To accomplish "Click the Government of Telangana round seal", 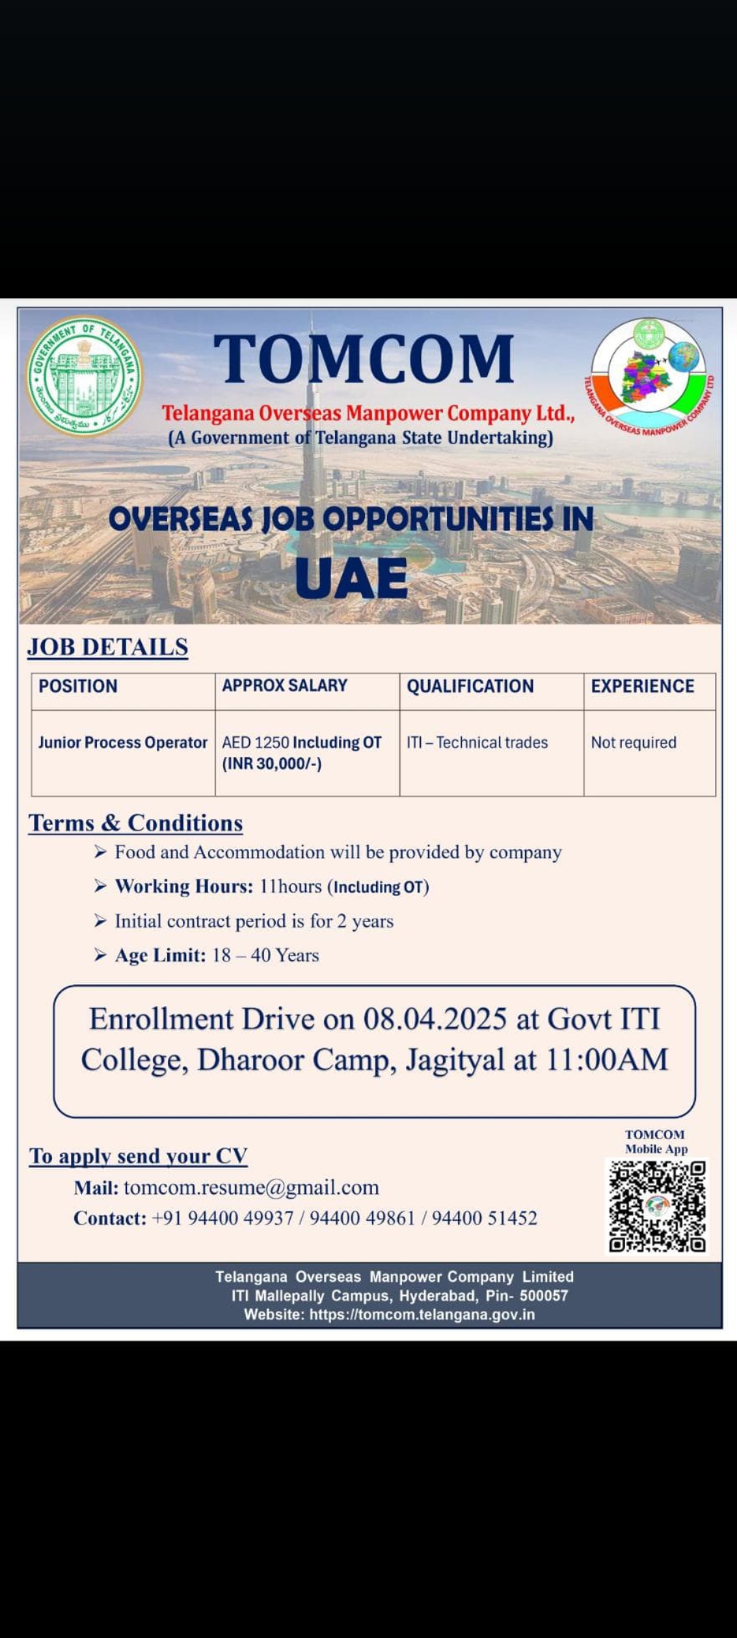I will click(84, 375).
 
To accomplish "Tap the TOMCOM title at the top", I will click(364, 358).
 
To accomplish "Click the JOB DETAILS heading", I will click(108, 647).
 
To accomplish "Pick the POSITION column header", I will click(78, 686).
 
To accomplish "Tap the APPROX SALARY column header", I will click(285, 685).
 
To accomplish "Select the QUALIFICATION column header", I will click(470, 686).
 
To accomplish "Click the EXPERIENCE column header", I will click(642, 686).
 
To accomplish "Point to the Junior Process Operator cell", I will click(123, 743).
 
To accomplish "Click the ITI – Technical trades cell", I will click(477, 743).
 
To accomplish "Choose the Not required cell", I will click(633, 743).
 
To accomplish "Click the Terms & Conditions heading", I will click(135, 823).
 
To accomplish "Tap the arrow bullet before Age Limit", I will click(100, 955).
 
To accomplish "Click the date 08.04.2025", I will click(435, 1019).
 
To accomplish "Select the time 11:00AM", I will click(607, 1060).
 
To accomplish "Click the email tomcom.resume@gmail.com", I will click(251, 1188).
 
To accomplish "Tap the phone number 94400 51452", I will click(485, 1218).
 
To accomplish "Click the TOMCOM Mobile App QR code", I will click(657, 1207).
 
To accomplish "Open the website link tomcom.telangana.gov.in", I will click(422, 1314).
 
